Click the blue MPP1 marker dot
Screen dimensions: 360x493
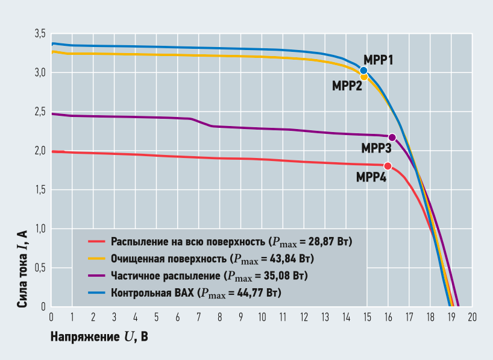[x=363, y=71]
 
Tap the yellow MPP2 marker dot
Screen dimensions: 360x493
[x=364, y=77]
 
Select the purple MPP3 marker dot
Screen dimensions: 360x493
[x=392, y=137]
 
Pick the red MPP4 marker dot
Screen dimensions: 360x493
[x=388, y=166]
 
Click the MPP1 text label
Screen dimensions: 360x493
[x=378, y=60]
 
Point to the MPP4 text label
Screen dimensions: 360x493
[x=371, y=177]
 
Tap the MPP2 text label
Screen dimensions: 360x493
[x=347, y=86]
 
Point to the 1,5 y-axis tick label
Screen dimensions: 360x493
[x=40, y=190]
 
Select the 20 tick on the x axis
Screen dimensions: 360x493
[x=473, y=317]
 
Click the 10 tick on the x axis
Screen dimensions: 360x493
[x=262, y=317]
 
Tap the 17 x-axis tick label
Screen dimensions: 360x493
[x=409, y=317]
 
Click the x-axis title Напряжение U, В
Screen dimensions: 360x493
[x=99, y=336]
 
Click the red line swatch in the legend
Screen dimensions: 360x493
[x=96, y=242]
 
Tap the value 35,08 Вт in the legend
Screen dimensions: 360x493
[x=282, y=277]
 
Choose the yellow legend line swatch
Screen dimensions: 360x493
[x=96, y=259]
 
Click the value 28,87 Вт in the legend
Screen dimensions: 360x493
[x=327, y=242]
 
